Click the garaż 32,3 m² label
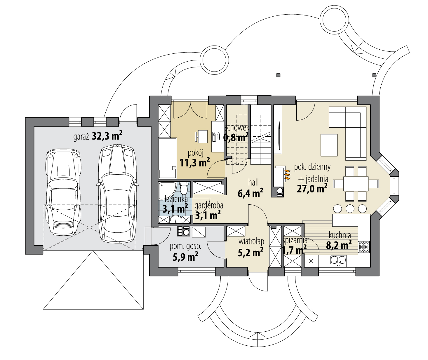tap(98, 136)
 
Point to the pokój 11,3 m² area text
tap(195, 158)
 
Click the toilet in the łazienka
tap(184, 189)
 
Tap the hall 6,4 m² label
tap(250, 188)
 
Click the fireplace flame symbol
tap(287, 174)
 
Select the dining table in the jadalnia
tap(356, 184)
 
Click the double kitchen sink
tap(338, 260)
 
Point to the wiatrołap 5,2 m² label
tap(251, 247)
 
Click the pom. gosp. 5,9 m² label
tap(185, 252)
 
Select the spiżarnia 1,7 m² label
tap(294, 245)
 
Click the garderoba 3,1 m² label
tap(208, 211)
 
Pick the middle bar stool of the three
tap(350, 208)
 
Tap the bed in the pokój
tap(167, 158)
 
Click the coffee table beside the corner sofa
tap(329, 145)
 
